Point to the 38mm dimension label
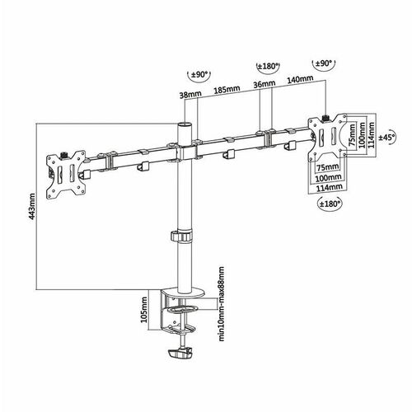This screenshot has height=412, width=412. click(189, 96)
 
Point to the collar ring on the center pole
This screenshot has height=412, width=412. click(181, 237)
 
